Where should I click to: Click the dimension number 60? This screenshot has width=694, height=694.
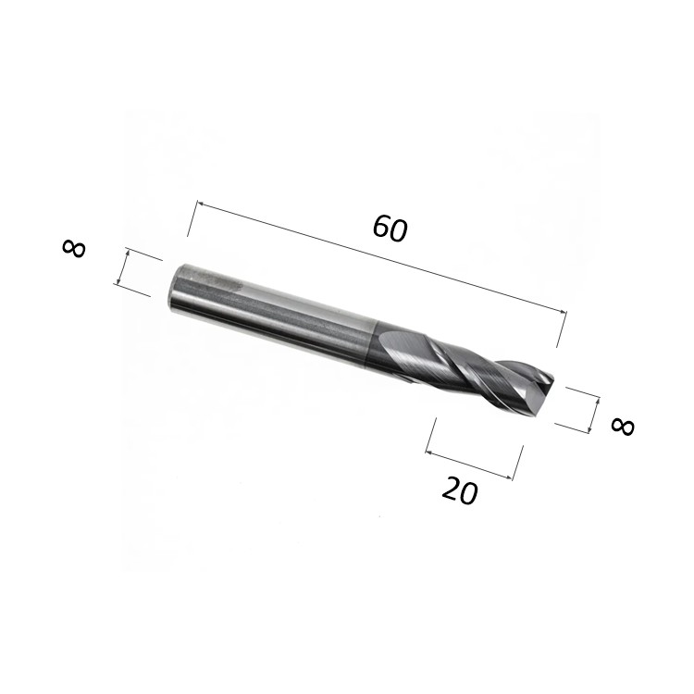tap(390, 228)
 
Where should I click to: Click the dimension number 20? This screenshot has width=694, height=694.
tap(460, 490)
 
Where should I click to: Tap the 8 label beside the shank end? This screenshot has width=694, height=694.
tap(74, 248)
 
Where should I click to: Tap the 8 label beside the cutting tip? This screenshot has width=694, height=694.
tap(623, 426)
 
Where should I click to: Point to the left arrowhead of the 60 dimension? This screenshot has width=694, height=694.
tap(200, 204)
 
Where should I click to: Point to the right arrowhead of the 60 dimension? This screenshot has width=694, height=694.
tap(563, 312)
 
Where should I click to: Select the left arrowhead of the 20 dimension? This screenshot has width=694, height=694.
tap(428, 452)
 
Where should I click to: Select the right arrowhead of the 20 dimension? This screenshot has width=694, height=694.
tap(509, 477)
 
